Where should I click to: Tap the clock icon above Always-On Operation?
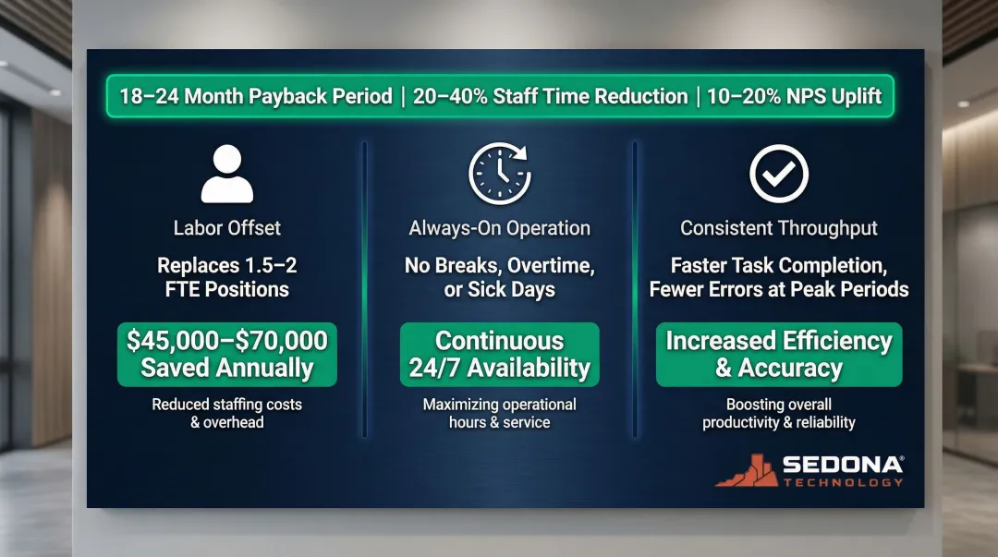(499, 173)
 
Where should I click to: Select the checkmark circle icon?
(778, 173)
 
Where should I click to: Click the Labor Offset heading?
(226, 227)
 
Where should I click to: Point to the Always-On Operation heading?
(499, 227)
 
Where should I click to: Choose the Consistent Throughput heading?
(779, 227)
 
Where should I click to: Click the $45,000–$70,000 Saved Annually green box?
(226, 355)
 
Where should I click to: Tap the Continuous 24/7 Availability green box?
(499, 355)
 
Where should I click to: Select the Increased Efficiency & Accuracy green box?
(779, 355)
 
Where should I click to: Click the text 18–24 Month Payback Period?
(256, 97)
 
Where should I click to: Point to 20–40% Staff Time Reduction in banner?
(550, 97)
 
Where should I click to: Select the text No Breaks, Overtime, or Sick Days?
(499, 277)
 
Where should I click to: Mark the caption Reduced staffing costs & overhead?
(226, 413)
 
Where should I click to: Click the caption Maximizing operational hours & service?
(499, 413)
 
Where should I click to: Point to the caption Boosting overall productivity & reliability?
(779, 413)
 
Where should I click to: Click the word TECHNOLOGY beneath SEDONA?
(843, 482)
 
